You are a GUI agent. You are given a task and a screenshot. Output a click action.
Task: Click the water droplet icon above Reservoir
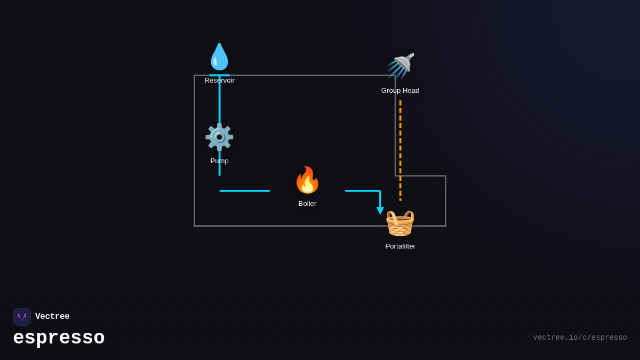(x=219, y=57)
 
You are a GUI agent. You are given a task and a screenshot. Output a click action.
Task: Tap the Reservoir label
(x=219, y=81)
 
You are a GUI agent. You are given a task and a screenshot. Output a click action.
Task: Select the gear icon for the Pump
(x=219, y=137)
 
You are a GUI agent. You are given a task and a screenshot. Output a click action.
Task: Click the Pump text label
(x=219, y=161)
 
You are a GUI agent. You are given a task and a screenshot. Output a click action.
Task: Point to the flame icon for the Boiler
(x=307, y=180)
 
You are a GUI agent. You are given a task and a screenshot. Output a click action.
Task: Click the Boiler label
(x=307, y=204)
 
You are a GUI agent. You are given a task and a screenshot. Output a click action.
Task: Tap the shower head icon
(x=401, y=66)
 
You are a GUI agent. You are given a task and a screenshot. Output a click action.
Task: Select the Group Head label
(x=400, y=91)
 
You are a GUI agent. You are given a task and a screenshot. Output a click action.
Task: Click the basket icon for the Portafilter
(x=400, y=223)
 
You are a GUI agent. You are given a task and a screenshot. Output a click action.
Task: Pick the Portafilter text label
(x=400, y=246)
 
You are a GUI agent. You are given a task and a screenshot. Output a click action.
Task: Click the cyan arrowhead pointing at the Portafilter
(x=380, y=211)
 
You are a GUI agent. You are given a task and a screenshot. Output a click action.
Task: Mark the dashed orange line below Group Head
(x=401, y=149)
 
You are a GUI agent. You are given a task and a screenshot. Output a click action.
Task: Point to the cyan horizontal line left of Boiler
(x=244, y=191)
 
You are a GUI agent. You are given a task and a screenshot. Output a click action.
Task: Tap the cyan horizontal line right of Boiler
(x=362, y=191)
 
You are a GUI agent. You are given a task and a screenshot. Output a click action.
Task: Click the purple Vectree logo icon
(x=22, y=317)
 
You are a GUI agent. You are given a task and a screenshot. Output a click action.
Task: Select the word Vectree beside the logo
(x=52, y=317)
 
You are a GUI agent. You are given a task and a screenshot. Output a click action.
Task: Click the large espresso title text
(x=59, y=338)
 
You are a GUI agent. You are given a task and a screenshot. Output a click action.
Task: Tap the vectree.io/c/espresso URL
(x=580, y=338)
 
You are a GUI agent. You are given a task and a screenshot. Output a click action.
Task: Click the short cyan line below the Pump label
(x=219, y=171)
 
